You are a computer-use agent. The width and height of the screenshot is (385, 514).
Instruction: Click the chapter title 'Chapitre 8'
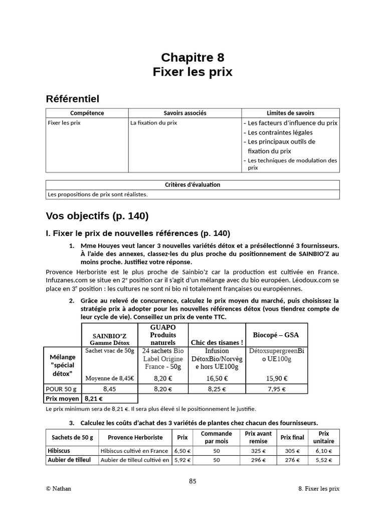click(192, 57)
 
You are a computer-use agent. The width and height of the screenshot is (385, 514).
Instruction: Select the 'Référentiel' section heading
click(72, 98)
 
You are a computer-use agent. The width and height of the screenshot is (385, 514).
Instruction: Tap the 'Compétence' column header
click(87, 113)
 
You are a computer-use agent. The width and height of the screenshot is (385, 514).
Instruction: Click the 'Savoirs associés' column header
click(185, 113)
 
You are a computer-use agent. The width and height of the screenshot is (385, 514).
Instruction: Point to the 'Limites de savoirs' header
click(290, 113)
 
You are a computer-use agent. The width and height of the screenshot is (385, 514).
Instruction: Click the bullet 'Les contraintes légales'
click(280, 133)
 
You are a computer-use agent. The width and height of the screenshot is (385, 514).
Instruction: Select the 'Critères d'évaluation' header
click(192, 185)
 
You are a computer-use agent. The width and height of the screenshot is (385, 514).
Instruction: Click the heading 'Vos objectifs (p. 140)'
click(97, 216)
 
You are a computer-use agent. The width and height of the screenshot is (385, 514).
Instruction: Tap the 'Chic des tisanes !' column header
click(217, 342)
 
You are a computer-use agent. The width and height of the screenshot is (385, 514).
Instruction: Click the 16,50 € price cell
click(217, 378)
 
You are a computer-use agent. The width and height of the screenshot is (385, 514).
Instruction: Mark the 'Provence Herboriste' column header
click(135, 437)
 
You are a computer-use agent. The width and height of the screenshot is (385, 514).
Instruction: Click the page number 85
click(192, 481)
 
